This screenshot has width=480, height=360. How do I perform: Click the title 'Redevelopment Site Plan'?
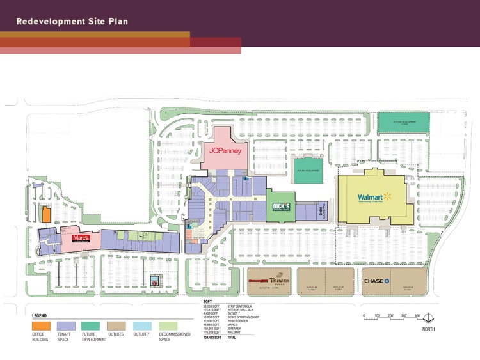[72, 21]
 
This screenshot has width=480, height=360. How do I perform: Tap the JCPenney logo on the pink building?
[225, 151]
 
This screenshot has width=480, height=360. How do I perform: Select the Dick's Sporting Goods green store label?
[282, 207]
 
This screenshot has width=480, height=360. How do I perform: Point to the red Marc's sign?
[81, 237]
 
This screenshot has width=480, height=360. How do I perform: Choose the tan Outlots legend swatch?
[116, 326]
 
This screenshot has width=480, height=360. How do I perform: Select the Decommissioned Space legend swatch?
[168, 326]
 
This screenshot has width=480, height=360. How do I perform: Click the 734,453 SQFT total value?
[212, 337]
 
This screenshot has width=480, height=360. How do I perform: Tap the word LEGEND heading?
[39, 316]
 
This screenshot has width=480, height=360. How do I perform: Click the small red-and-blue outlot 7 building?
[154, 279]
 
